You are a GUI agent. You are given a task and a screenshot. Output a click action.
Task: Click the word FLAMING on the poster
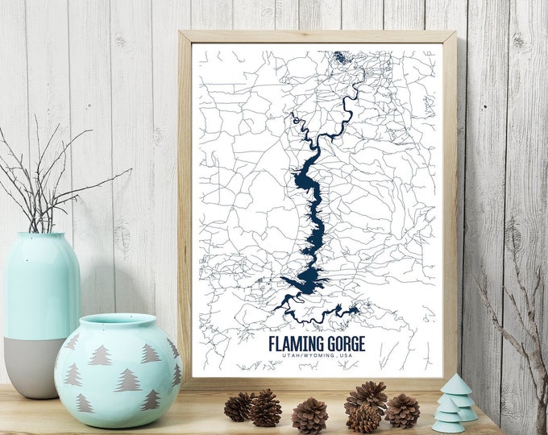[297, 344]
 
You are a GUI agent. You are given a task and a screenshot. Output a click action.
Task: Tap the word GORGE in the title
[347, 344]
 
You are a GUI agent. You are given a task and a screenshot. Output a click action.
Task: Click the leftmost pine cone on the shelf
[239, 407]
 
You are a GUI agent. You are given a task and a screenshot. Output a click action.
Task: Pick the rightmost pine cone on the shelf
[402, 410]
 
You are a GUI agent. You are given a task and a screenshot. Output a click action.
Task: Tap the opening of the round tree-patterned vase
[118, 321]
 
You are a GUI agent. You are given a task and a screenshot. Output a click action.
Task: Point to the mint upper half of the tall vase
[41, 282]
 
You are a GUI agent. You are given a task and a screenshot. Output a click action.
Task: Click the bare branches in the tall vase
[40, 177]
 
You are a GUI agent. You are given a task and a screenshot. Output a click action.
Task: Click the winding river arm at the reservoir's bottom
[322, 310]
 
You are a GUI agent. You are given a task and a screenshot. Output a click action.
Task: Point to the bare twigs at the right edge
[516, 322]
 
